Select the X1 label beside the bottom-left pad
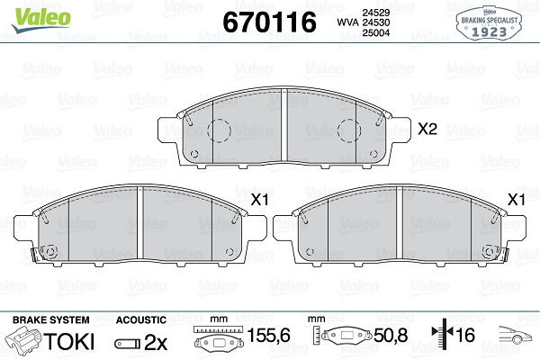[x=260, y=200]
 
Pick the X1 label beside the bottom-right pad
[x=517, y=200]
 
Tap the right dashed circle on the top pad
[x=349, y=132]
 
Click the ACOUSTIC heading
[x=141, y=319]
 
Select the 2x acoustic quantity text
[x=157, y=342]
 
